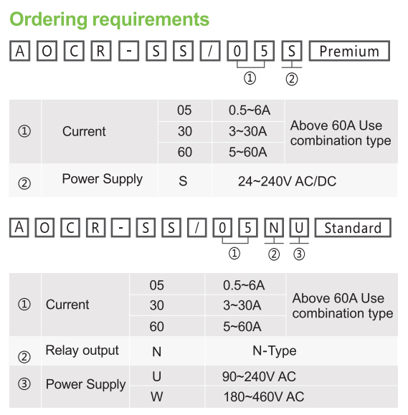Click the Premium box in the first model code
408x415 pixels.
coord(349,51)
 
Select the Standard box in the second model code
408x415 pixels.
coord(353,228)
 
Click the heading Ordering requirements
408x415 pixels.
coord(109,19)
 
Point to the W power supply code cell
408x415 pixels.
coord(157,397)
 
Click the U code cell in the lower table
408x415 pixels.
coord(157,376)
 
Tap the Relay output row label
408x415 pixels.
coord(82,350)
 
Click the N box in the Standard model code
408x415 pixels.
coord(274,228)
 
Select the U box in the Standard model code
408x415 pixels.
coord(299,228)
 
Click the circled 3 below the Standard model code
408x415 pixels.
coord(299,254)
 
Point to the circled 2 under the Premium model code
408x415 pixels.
coord(292,79)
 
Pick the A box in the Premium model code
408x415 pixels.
coord(19,51)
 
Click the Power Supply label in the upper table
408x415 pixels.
coord(103,179)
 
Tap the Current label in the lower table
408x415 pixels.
coord(67,305)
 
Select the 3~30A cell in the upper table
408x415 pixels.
coord(247,131)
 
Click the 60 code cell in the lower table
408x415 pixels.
coord(157,326)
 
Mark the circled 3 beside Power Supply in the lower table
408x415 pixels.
coord(24,383)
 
